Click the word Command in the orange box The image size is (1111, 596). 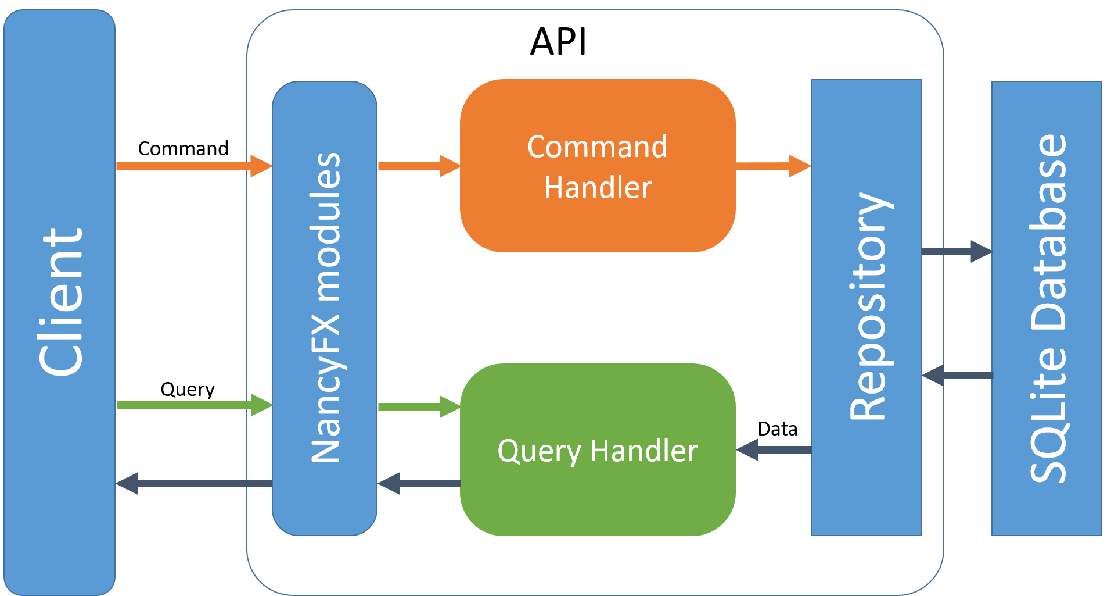coord(597,147)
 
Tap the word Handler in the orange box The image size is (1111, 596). coord(598,188)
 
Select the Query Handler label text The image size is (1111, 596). coord(598,451)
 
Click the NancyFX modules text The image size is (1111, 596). coord(325,308)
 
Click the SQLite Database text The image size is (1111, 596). coord(1048,308)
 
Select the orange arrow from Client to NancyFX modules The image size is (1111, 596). coord(192,166)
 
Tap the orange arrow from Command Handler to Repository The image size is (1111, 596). coord(772,166)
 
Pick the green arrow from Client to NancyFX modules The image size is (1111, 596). coord(192,405)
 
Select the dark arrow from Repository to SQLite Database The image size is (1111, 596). coord(955,251)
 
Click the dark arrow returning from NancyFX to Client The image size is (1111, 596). coord(192,483)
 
